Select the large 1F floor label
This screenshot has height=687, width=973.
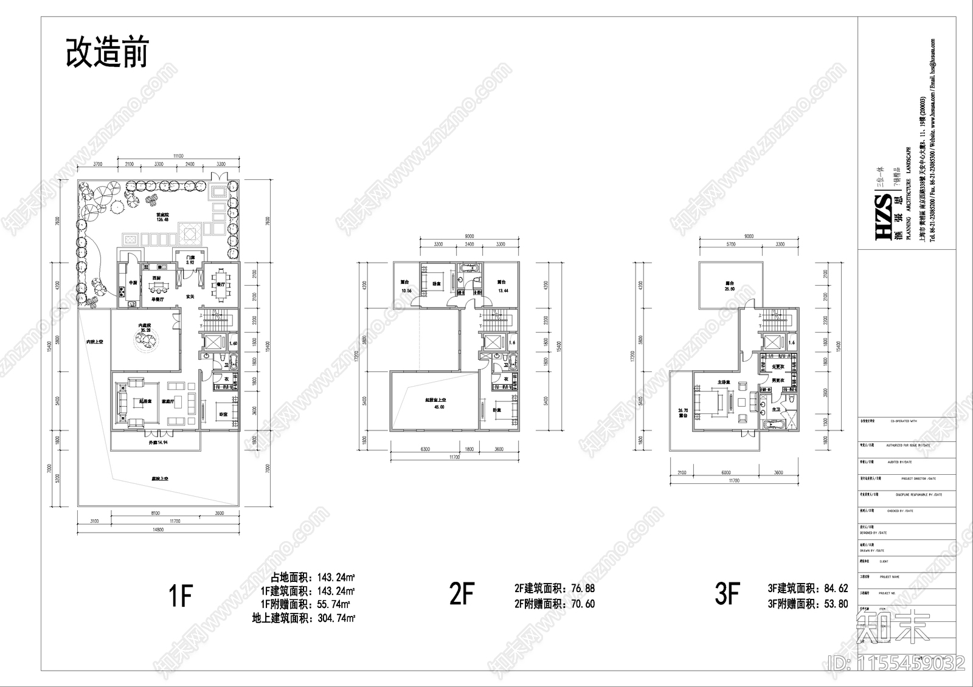(179, 595)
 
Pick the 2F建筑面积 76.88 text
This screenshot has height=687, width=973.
(554, 589)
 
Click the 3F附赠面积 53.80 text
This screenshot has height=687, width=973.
(808, 604)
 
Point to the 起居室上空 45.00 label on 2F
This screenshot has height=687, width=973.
(435, 403)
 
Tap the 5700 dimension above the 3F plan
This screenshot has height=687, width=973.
(730, 244)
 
